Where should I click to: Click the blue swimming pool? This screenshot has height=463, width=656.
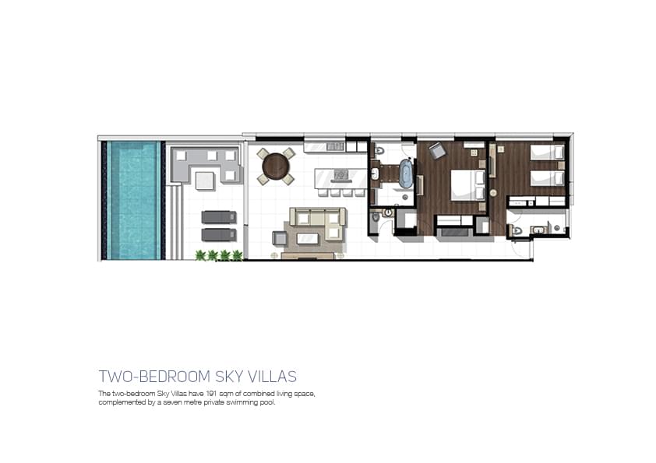tap(134, 200)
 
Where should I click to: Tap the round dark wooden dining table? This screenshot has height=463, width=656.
tap(276, 167)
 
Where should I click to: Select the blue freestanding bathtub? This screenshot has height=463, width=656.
tap(405, 173)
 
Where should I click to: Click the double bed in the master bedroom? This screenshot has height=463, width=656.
tap(467, 185)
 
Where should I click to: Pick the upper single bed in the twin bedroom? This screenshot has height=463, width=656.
tap(547, 152)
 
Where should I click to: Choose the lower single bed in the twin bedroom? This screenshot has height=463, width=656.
tap(547, 178)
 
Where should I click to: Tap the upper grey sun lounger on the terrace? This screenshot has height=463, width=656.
tap(219, 217)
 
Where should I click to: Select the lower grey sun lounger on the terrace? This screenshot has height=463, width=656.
tap(219, 235)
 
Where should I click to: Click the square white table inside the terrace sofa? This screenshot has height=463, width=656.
tap(205, 181)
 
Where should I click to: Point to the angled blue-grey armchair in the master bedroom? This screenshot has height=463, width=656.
tap(437, 151)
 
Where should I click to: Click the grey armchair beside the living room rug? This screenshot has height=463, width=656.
tap(280, 238)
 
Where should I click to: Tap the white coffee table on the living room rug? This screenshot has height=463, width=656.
tap(308, 239)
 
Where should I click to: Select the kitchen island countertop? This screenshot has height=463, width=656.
tap(340, 179)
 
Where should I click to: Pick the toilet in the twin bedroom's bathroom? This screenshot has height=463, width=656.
tap(517, 230)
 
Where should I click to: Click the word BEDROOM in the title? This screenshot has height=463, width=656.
tap(175, 377)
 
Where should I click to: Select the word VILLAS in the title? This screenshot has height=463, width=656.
tap(273, 377)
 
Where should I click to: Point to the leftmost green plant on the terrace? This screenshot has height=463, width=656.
tap(201, 254)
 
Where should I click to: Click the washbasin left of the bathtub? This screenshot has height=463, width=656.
tap(375, 173)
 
